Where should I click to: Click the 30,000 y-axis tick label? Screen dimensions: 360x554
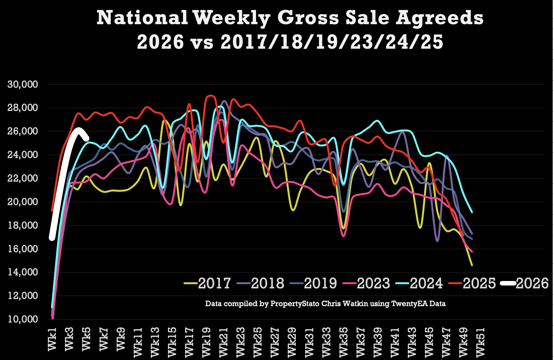pyautogui.click(x=23, y=85)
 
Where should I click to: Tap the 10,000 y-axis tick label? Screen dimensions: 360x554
pyautogui.click(x=23, y=319)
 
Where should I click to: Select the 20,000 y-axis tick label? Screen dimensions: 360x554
pyautogui.click(x=23, y=202)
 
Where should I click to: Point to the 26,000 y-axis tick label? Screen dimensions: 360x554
pyautogui.click(x=23, y=131)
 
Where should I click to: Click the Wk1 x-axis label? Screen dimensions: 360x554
pyautogui.click(x=52, y=339)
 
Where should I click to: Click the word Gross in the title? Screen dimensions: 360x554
pyautogui.click(x=308, y=18)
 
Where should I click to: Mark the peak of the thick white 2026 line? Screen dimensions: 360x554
pyautogui.click(x=78, y=130)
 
